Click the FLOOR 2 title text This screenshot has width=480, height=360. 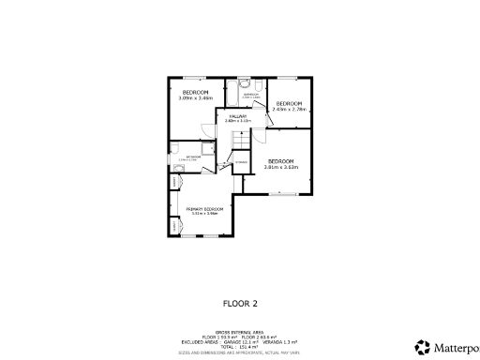coord(239,303)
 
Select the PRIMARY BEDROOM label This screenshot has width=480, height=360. coord(203,208)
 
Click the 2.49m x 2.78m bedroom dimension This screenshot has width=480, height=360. coord(289,109)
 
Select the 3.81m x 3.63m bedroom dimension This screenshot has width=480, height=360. coord(281,167)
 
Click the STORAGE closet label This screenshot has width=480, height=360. coord(241,163)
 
